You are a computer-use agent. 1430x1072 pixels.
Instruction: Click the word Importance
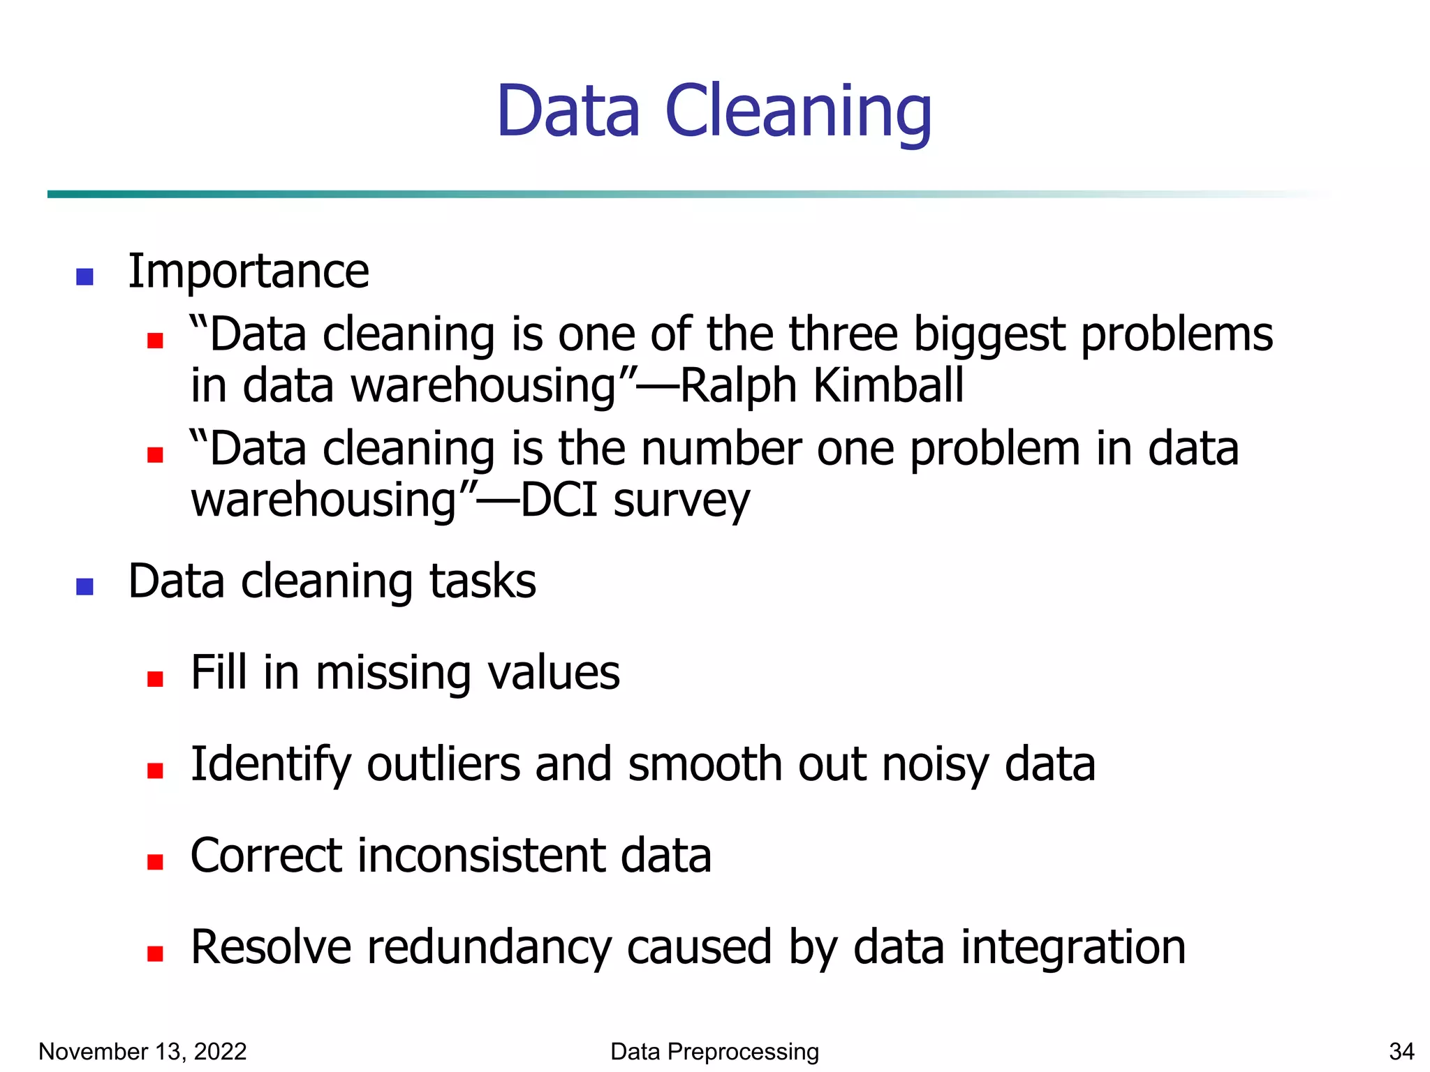pyautogui.click(x=249, y=271)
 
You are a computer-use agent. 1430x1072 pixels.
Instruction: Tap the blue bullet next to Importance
pyautogui.click(x=85, y=277)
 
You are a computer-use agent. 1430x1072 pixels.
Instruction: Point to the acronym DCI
pyautogui.click(x=559, y=500)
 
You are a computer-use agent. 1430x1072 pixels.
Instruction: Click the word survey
pyautogui.click(x=681, y=501)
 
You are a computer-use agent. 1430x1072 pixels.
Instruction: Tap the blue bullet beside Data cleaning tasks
pyautogui.click(x=85, y=587)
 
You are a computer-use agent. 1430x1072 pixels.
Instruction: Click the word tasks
pyautogui.click(x=482, y=581)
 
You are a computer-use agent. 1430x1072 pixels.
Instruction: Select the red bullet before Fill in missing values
pyautogui.click(x=155, y=679)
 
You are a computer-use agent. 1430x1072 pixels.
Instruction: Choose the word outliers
pyautogui.click(x=443, y=764)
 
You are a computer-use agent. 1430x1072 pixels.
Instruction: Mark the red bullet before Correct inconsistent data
pyautogui.click(x=155, y=863)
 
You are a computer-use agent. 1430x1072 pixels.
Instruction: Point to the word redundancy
pyautogui.click(x=489, y=948)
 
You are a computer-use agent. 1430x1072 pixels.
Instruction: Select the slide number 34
pyautogui.click(x=1401, y=1051)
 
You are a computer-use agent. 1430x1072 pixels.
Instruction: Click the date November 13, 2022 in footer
pyautogui.click(x=142, y=1051)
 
